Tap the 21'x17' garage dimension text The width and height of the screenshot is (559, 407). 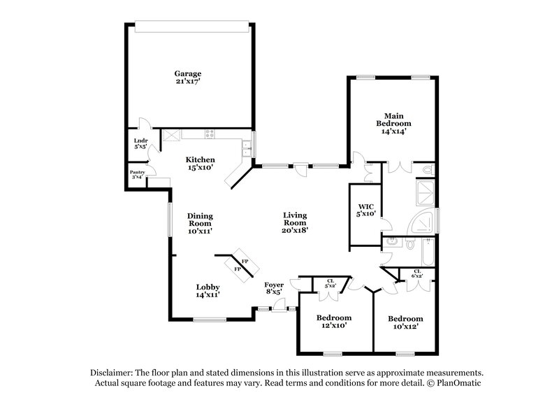pos(188,82)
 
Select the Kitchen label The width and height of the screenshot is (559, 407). pos(200,159)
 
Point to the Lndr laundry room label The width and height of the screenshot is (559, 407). pos(140,141)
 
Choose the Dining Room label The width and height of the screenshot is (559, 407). pos(200,220)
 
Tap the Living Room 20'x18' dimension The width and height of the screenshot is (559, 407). pos(296,229)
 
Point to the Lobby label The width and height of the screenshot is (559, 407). pos(208,287)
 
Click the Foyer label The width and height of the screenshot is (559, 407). pos(274,285)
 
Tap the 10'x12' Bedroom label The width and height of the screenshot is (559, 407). pos(406,317)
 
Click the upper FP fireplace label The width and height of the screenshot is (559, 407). pos(245,260)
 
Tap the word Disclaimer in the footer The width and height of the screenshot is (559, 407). pos(112,373)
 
